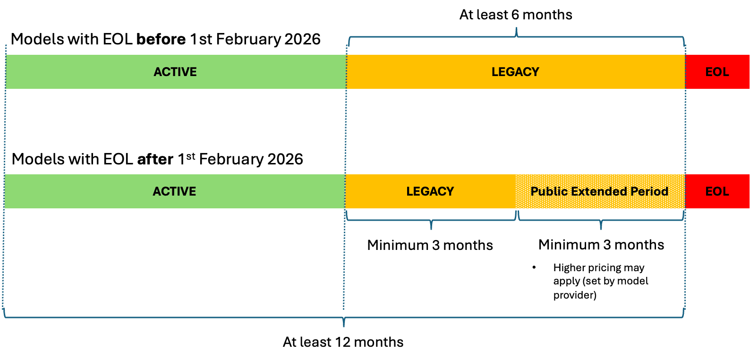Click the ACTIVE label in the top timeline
(175, 72)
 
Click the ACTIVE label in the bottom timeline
(174, 191)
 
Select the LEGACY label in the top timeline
(515, 72)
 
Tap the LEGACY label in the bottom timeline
(430, 191)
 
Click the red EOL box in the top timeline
(717, 72)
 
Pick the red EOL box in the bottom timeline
(717, 191)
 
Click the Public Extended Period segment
(599, 191)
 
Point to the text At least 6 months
(516, 15)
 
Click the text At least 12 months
(343, 342)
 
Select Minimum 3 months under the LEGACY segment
(430, 245)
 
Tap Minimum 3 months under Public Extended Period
(601, 245)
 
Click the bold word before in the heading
(161, 39)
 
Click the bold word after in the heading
(155, 159)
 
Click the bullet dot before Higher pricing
(534, 268)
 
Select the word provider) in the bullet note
(575, 295)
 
